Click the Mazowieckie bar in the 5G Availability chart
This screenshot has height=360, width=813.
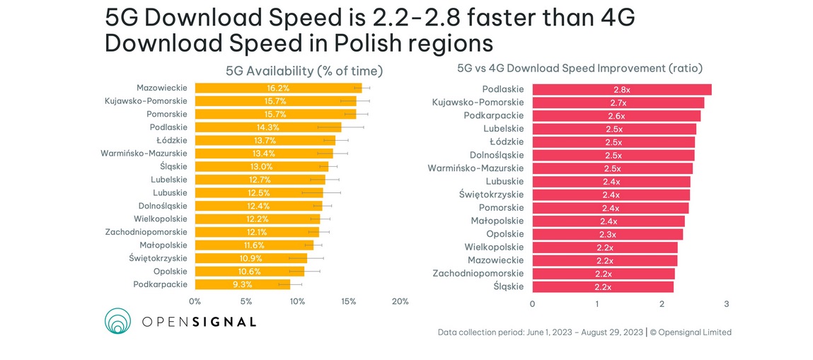coord(278,88)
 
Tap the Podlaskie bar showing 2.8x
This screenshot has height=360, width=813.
coord(621,90)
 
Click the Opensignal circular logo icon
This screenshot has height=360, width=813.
coord(118,321)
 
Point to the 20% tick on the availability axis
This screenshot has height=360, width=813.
coord(400,302)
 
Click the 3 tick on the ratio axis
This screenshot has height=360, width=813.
coord(726,304)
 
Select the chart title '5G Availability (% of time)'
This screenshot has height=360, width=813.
coord(304,71)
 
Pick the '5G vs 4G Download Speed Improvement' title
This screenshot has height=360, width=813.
coord(580,69)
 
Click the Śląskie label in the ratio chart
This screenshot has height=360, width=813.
coord(509,286)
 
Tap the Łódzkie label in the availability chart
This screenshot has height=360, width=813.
coord(172,140)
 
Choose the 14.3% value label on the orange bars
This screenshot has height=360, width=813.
coord(268,127)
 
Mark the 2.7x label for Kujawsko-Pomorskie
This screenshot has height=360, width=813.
coord(617,103)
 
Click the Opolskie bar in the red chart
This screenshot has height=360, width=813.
coord(607,234)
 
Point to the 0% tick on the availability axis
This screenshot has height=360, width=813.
coord(195,302)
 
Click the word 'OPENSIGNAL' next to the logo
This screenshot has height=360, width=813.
coord(199,322)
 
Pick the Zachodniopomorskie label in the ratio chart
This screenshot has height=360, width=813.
coord(478,273)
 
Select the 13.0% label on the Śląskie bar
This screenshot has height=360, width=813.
coord(261,167)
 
